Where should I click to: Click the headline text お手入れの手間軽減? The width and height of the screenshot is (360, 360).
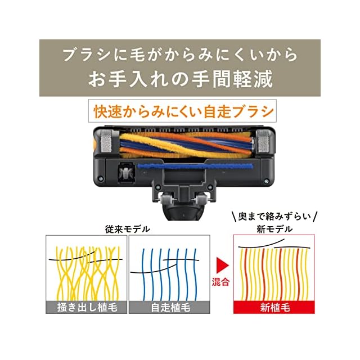coord(180,78)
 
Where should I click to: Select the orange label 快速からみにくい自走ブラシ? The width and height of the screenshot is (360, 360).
coord(180,111)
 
